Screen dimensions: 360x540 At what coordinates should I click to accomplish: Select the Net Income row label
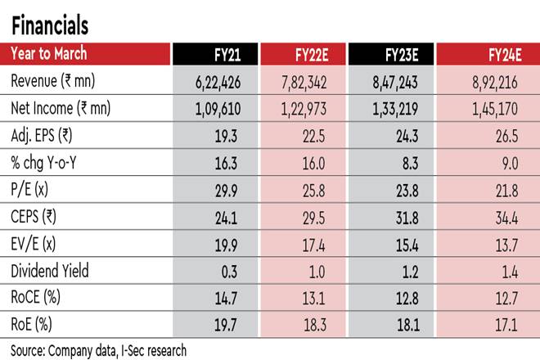(x=65, y=107)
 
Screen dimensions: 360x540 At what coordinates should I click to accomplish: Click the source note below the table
(x=98, y=350)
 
